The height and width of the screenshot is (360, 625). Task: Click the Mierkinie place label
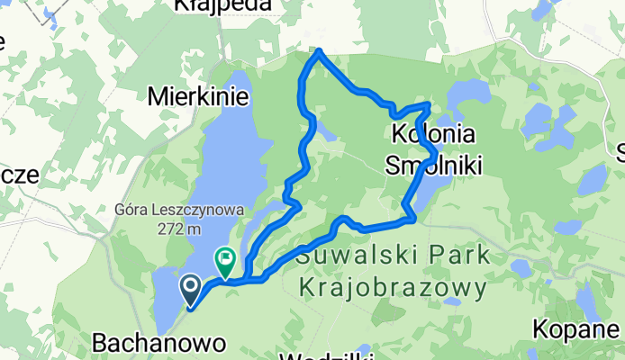pyautogui.click(x=191, y=94)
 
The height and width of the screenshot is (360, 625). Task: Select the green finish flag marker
pyautogui.click(x=223, y=262)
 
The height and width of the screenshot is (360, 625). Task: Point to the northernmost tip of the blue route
pyautogui.click(x=319, y=51)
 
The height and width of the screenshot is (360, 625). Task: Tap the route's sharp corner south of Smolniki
pyautogui.click(x=412, y=218)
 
